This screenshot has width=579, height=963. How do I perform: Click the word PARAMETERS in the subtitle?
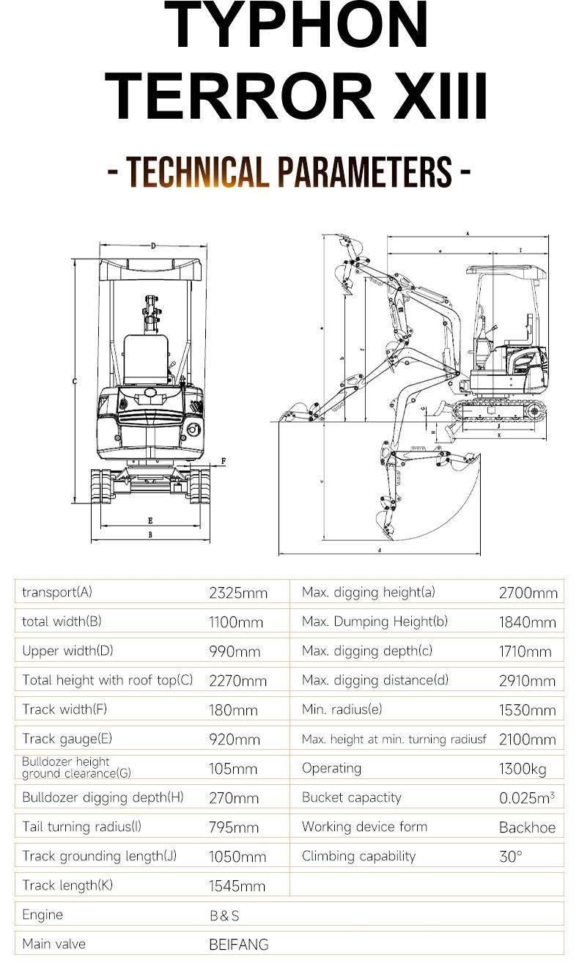click(364, 171)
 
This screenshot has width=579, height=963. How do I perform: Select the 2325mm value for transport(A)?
click(238, 593)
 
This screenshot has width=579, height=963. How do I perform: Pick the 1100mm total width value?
click(236, 622)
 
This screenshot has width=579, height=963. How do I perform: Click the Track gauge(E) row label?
click(67, 739)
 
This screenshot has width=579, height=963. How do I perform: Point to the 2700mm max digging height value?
click(528, 593)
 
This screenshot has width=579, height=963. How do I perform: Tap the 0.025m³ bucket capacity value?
click(526, 797)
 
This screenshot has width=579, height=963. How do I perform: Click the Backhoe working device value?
click(527, 827)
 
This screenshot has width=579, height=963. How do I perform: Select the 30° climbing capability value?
click(511, 856)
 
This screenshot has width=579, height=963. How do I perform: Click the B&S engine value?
click(224, 915)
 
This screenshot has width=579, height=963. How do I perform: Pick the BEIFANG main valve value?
click(239, 945)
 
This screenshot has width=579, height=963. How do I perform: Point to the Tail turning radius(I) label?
click(82, 827)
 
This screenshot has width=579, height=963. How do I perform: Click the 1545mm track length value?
click(237, 886)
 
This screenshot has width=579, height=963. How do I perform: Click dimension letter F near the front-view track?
click(224, 461)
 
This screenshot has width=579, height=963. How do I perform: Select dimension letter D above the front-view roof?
click(153, 246)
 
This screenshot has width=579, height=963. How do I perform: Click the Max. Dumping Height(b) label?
click(375, 621)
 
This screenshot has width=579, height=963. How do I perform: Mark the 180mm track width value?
click(233, 710)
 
